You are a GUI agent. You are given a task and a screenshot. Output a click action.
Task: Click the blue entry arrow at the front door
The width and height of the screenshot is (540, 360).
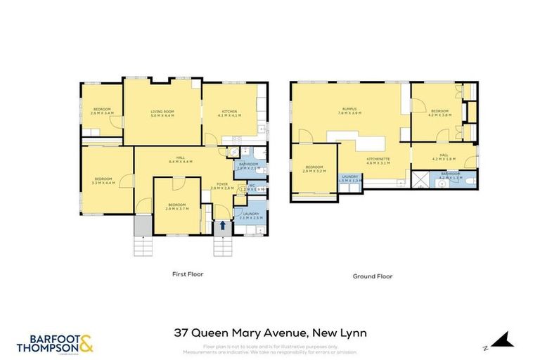pyautogui.click(x=224, y=226)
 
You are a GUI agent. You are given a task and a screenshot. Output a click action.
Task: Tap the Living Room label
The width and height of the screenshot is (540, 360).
pyautogui.click(x=162, y=113)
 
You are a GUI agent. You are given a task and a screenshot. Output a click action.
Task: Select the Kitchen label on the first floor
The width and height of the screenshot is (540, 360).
pyautogui.click(x=230, y=113)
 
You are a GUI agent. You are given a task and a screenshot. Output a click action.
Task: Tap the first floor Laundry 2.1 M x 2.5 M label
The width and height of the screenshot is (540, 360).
pyautogui.click(x=251, y=215)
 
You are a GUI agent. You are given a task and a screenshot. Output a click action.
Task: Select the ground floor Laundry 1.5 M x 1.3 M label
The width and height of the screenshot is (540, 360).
pyautogui.click(x=350, y=178)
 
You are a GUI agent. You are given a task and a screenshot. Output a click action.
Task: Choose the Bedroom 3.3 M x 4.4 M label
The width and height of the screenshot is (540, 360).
pyautogui.click(x=104, y=181)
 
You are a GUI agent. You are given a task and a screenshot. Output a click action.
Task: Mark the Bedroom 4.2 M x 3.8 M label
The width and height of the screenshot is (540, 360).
pyautogui.click(x=440, y=112)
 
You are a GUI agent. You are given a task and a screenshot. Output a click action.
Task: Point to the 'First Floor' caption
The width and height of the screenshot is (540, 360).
pyautogui.click(x=188, y=274)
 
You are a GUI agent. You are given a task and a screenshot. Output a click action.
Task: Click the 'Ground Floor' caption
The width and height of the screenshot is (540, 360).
pyautogui.click(x=372, y=276)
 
